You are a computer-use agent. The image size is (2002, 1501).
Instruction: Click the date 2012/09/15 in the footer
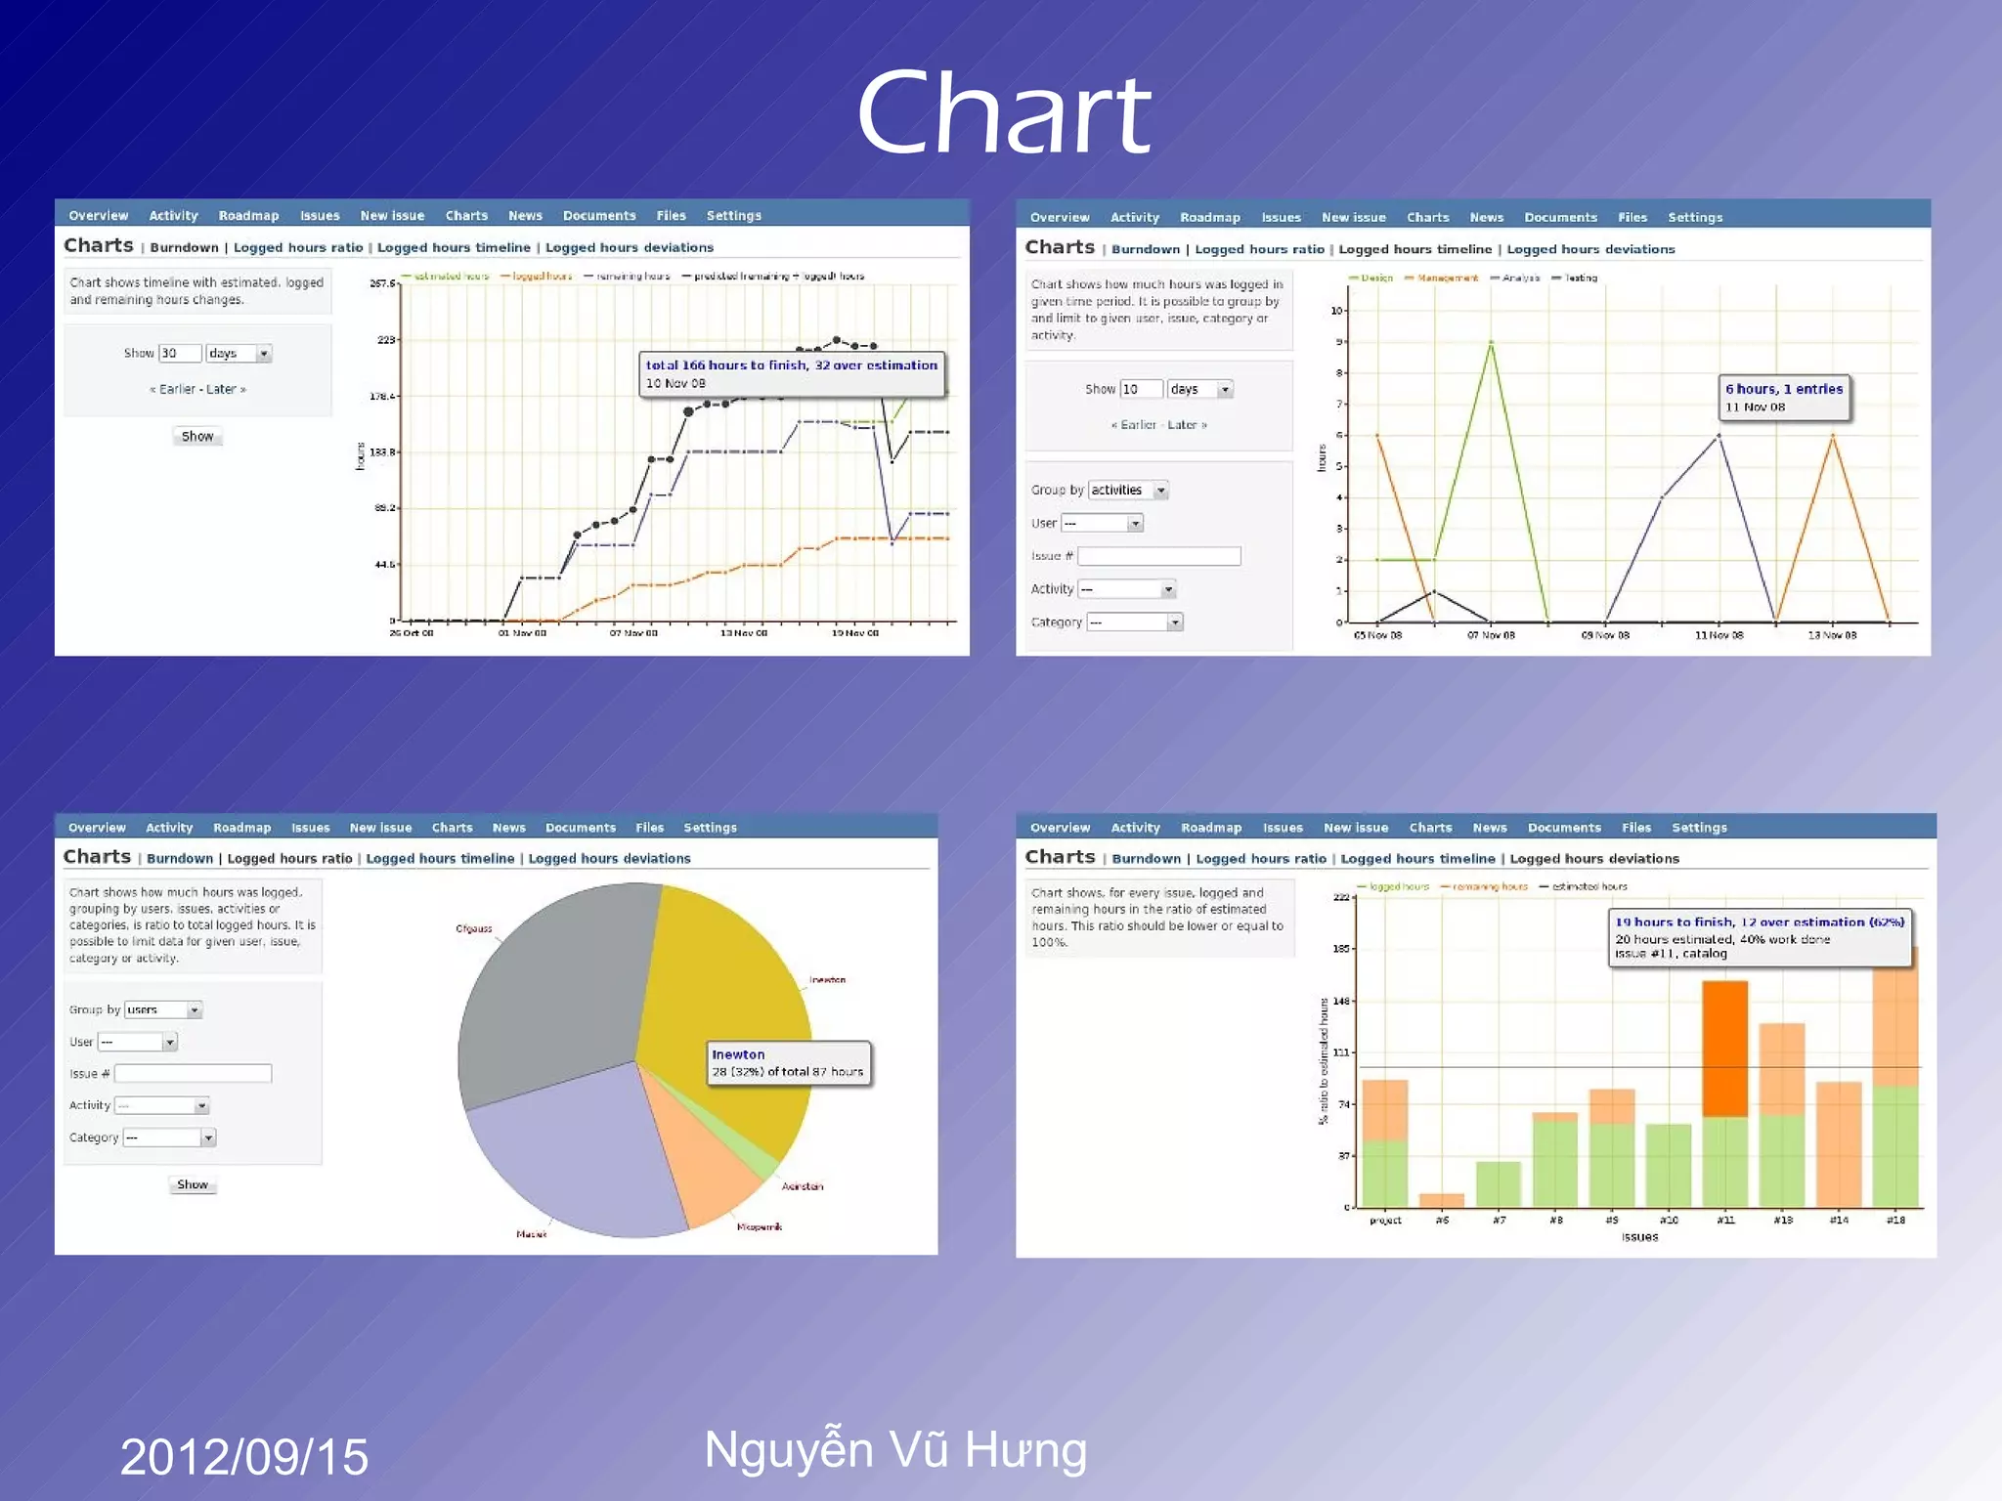click(243, 1456)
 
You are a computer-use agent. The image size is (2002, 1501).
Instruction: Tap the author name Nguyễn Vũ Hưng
click(894, 1449)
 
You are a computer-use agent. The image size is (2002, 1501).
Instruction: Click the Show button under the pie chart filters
click(193, 1184)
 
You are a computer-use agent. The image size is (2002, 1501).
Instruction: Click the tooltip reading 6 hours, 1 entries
click(1784, 397)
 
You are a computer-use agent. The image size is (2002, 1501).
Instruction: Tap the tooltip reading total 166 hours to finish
click(791, 373)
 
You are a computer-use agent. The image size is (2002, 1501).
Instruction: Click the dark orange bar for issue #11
click(1724, 1048)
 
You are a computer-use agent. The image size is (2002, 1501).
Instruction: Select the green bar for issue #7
click(1498, 1183)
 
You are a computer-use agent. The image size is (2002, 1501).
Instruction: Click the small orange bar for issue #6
click(1441, 1200)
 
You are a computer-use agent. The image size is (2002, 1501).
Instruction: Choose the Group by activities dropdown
click(1128, 491)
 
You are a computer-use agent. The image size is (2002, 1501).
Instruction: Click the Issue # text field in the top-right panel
click(1158, 556)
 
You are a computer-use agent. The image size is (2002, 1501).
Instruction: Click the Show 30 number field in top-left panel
click(180, 353)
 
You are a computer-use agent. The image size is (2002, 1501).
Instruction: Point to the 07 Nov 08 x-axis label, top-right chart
click(1491, 635)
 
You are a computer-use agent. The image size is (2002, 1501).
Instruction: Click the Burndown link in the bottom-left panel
click(180, 859)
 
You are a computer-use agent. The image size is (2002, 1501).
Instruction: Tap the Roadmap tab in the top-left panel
click(248, 216)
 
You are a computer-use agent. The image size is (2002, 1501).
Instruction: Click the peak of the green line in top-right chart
click(1491, 342)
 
